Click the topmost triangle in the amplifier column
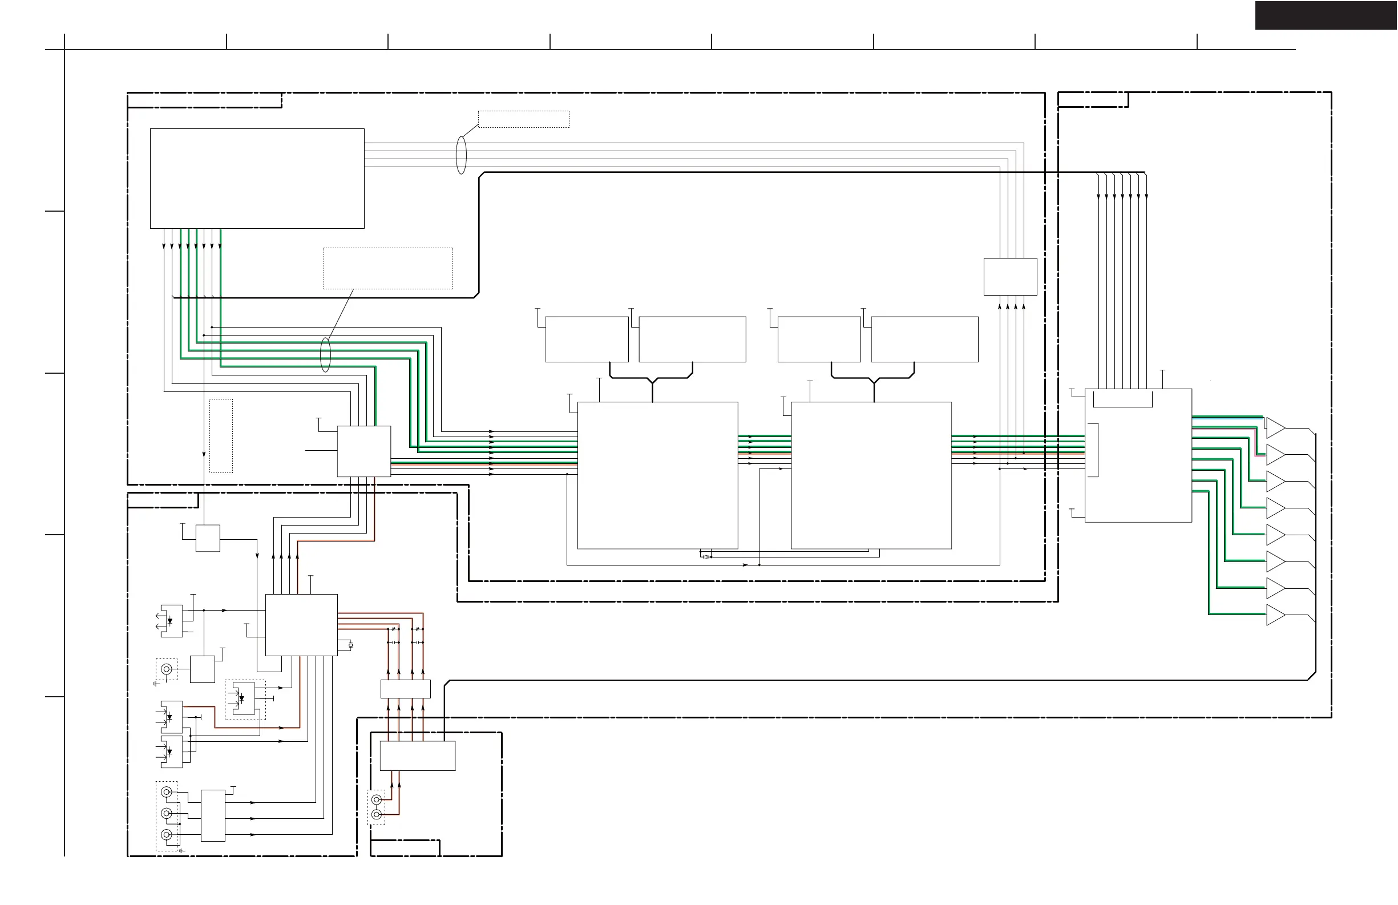pos(1274,427)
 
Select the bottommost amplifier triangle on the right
pos(1274,615)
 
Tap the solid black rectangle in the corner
pos(1326,15)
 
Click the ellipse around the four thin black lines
pos(462,155)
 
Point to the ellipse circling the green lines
pos(325,355)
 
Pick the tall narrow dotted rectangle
pos(221,436)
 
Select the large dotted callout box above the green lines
pos(387,268)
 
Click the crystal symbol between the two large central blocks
pos(705,557)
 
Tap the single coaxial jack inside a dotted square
pos(167,669)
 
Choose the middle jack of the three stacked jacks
pos(167,813)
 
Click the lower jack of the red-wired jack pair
pos(377,815)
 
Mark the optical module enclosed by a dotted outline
pos(244,699)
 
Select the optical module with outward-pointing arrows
pos(172,621)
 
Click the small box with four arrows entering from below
pos(1011,277)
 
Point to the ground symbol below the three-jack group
pos(181,850)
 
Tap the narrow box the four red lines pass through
pos(405,689)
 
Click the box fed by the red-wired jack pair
pos(418,756)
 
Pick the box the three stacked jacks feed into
pos(213,815)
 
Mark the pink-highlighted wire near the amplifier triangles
pos(1256,442)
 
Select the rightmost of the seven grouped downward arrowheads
pos(1146,196)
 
